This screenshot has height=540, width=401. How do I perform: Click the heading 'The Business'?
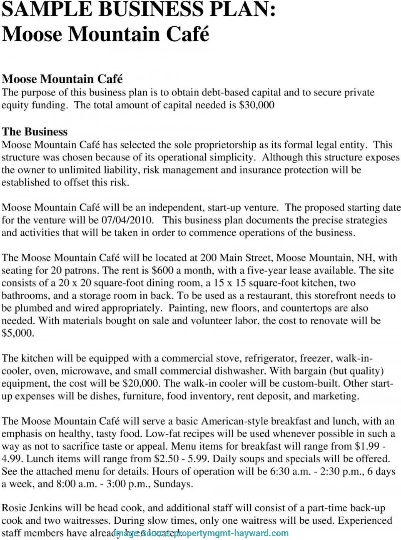tap(35, 131)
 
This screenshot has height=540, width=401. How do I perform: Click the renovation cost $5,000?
tap(18, 334)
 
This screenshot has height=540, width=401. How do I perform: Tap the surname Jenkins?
tap(45, 508)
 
